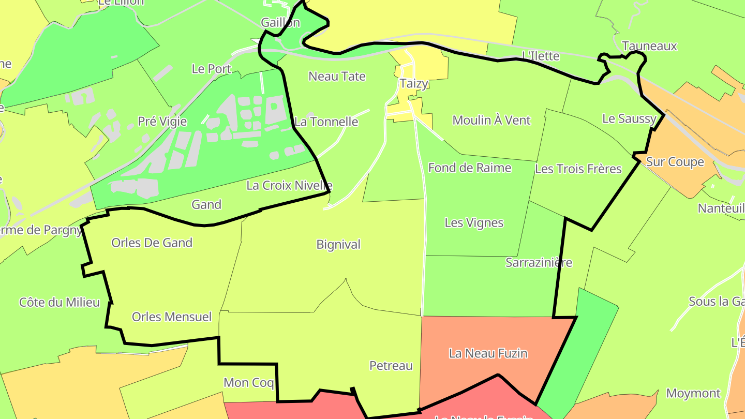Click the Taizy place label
[x=414, y=84]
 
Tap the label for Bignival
[x=338, y=245]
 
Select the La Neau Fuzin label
[x=488, y=353]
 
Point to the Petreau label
[x=391, y=366]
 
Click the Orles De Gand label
[x=152, y=243]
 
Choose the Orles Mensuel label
[x=172, y=317]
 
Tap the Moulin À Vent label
[x=491, y=120]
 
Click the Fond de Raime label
[x=470, y=168]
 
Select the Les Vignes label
[x=474, y=223]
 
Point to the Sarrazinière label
[x=539, y=262]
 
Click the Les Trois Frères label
[x=578, y=169]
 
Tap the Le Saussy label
[x=629, y=118]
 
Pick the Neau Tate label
[x=337, y=77]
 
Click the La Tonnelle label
[x=326, y=122]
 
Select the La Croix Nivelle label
[x=289, y=185]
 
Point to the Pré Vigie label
[x=162, y=121]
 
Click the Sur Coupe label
[x=675, y=162]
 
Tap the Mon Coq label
[x=249, y=383]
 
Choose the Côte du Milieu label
[x=59, y=302]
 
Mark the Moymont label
[x=693, y=393]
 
